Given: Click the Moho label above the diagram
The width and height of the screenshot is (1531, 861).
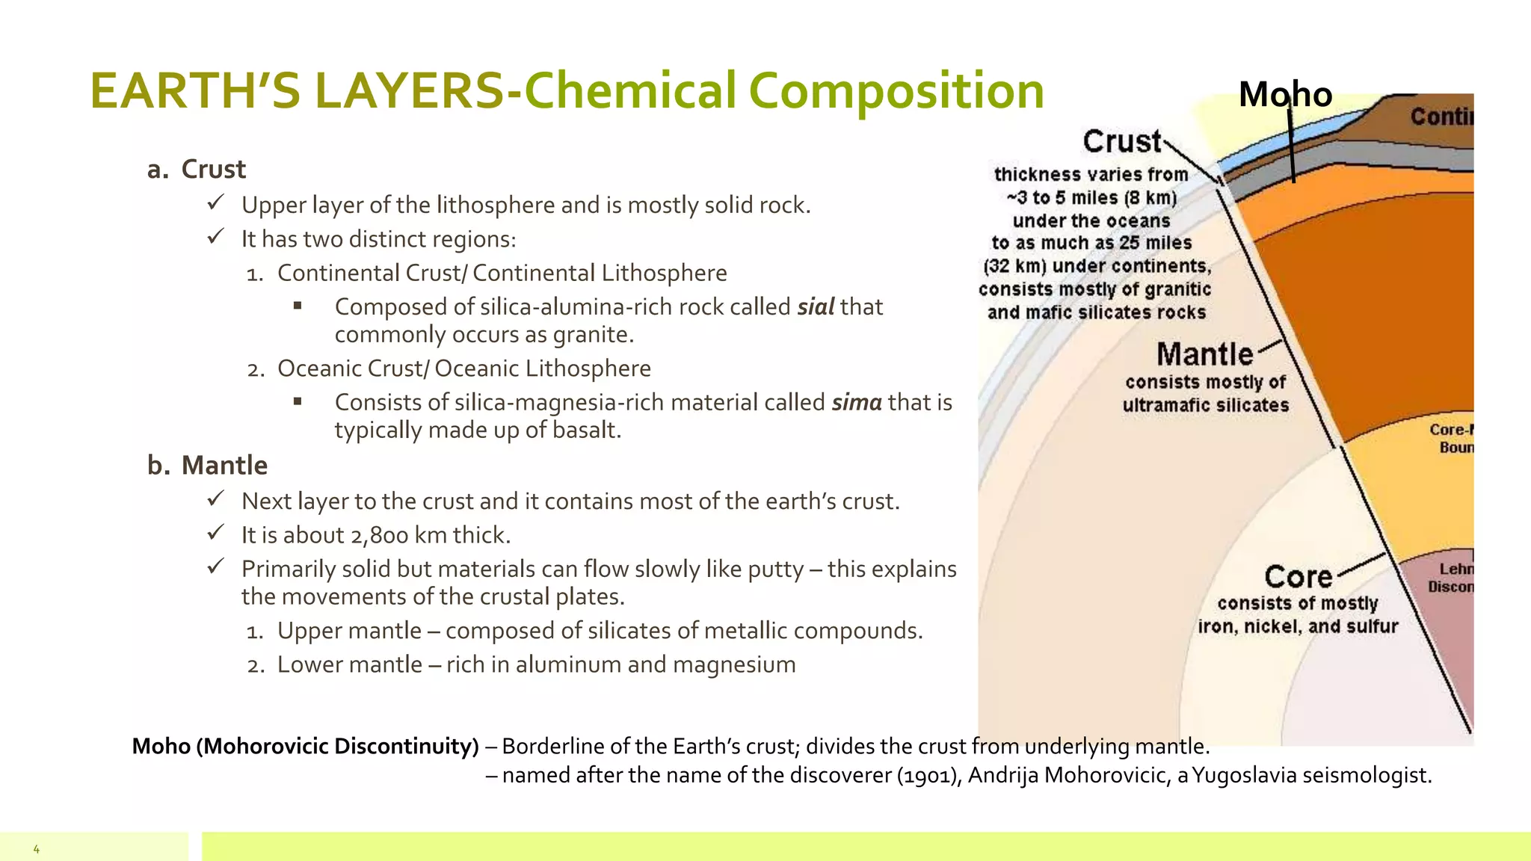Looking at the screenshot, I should point(1285,95).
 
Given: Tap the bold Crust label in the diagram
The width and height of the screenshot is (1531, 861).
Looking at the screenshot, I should point(1122,141).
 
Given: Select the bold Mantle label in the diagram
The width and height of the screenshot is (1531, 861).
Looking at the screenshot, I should point(1204,354).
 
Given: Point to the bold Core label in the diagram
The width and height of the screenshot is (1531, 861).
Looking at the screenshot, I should point(1299,577).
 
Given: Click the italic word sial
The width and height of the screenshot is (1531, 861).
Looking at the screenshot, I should point(816,307).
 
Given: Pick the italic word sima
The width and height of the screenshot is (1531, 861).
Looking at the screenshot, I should point(857,403).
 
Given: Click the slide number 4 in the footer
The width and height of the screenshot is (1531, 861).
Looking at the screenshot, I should point(36,849).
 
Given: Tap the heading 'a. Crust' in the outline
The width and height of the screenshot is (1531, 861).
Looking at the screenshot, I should point(197,170).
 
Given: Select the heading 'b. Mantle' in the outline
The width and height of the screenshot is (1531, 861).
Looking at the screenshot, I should point(207,466).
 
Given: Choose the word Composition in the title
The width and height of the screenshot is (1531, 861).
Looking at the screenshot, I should point(896,91).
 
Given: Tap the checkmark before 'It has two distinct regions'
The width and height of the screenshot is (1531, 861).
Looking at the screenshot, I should point(215,237).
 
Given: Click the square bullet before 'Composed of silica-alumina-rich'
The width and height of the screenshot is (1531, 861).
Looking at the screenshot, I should point(298,305).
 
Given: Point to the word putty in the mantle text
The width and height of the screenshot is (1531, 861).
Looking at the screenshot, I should point(775,570).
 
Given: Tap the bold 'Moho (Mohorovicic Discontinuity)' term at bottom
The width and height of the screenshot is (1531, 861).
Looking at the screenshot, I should point(305,747).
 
